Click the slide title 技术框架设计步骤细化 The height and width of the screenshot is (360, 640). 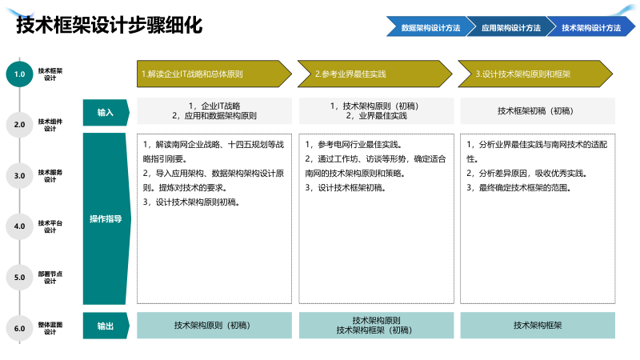tap(110, 26)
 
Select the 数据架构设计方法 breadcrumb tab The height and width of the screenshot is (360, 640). tap(430, 27)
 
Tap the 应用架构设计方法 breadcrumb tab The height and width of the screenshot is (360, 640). tap(510, 27)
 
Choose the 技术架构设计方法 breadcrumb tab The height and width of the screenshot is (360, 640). tap(590, 27)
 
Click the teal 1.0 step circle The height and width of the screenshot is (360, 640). tap(20, 74)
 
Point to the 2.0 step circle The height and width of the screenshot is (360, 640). tap(20, 124)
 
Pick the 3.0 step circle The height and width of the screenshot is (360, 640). tap(20, 175)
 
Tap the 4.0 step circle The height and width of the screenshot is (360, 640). tap(20, 226)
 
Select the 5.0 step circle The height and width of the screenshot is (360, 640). tap(20, 278)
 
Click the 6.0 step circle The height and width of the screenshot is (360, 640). tap(20, 328)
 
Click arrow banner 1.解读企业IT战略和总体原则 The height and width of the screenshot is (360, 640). tap(212, 74)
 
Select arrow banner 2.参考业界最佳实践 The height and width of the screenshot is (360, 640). tap(374, 74)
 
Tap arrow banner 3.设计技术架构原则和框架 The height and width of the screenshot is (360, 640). tap(536, 74)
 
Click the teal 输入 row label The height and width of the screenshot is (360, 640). tap(106, 112)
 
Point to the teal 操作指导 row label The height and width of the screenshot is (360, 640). tap(106, 218)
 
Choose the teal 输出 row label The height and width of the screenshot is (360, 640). tap(106, 326)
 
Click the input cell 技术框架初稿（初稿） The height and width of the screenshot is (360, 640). tap(537, 111)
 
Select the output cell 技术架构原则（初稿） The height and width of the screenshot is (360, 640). tap(214, 326)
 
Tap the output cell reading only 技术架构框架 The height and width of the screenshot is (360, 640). tap(537, 326)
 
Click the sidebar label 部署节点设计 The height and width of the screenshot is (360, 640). tap(50, 278)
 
